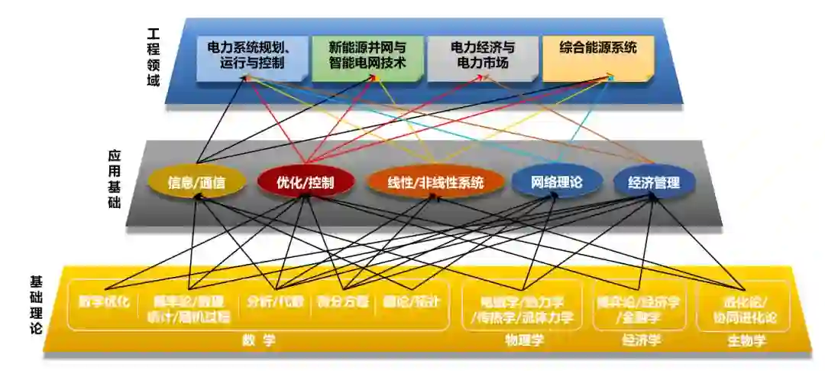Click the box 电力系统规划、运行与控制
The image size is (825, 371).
coord(251,55)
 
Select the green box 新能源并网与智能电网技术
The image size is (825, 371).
coord(367,55)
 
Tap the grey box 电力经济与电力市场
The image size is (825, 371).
coord(481,55)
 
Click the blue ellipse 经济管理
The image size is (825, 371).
coord(656,183)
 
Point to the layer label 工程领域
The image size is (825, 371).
coord(154,57)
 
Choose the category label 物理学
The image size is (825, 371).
coord(524,340)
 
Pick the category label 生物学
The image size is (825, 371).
coord(746,340)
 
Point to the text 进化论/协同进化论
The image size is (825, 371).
coord(745,308)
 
